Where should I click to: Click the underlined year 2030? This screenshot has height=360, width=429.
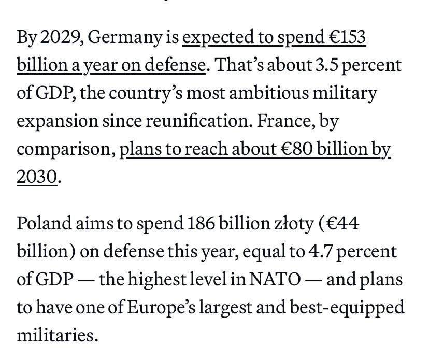(x=36, y=177)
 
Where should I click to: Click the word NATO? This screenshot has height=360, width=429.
(x=276, y=280)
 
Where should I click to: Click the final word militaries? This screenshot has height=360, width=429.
(x=57, y=336)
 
